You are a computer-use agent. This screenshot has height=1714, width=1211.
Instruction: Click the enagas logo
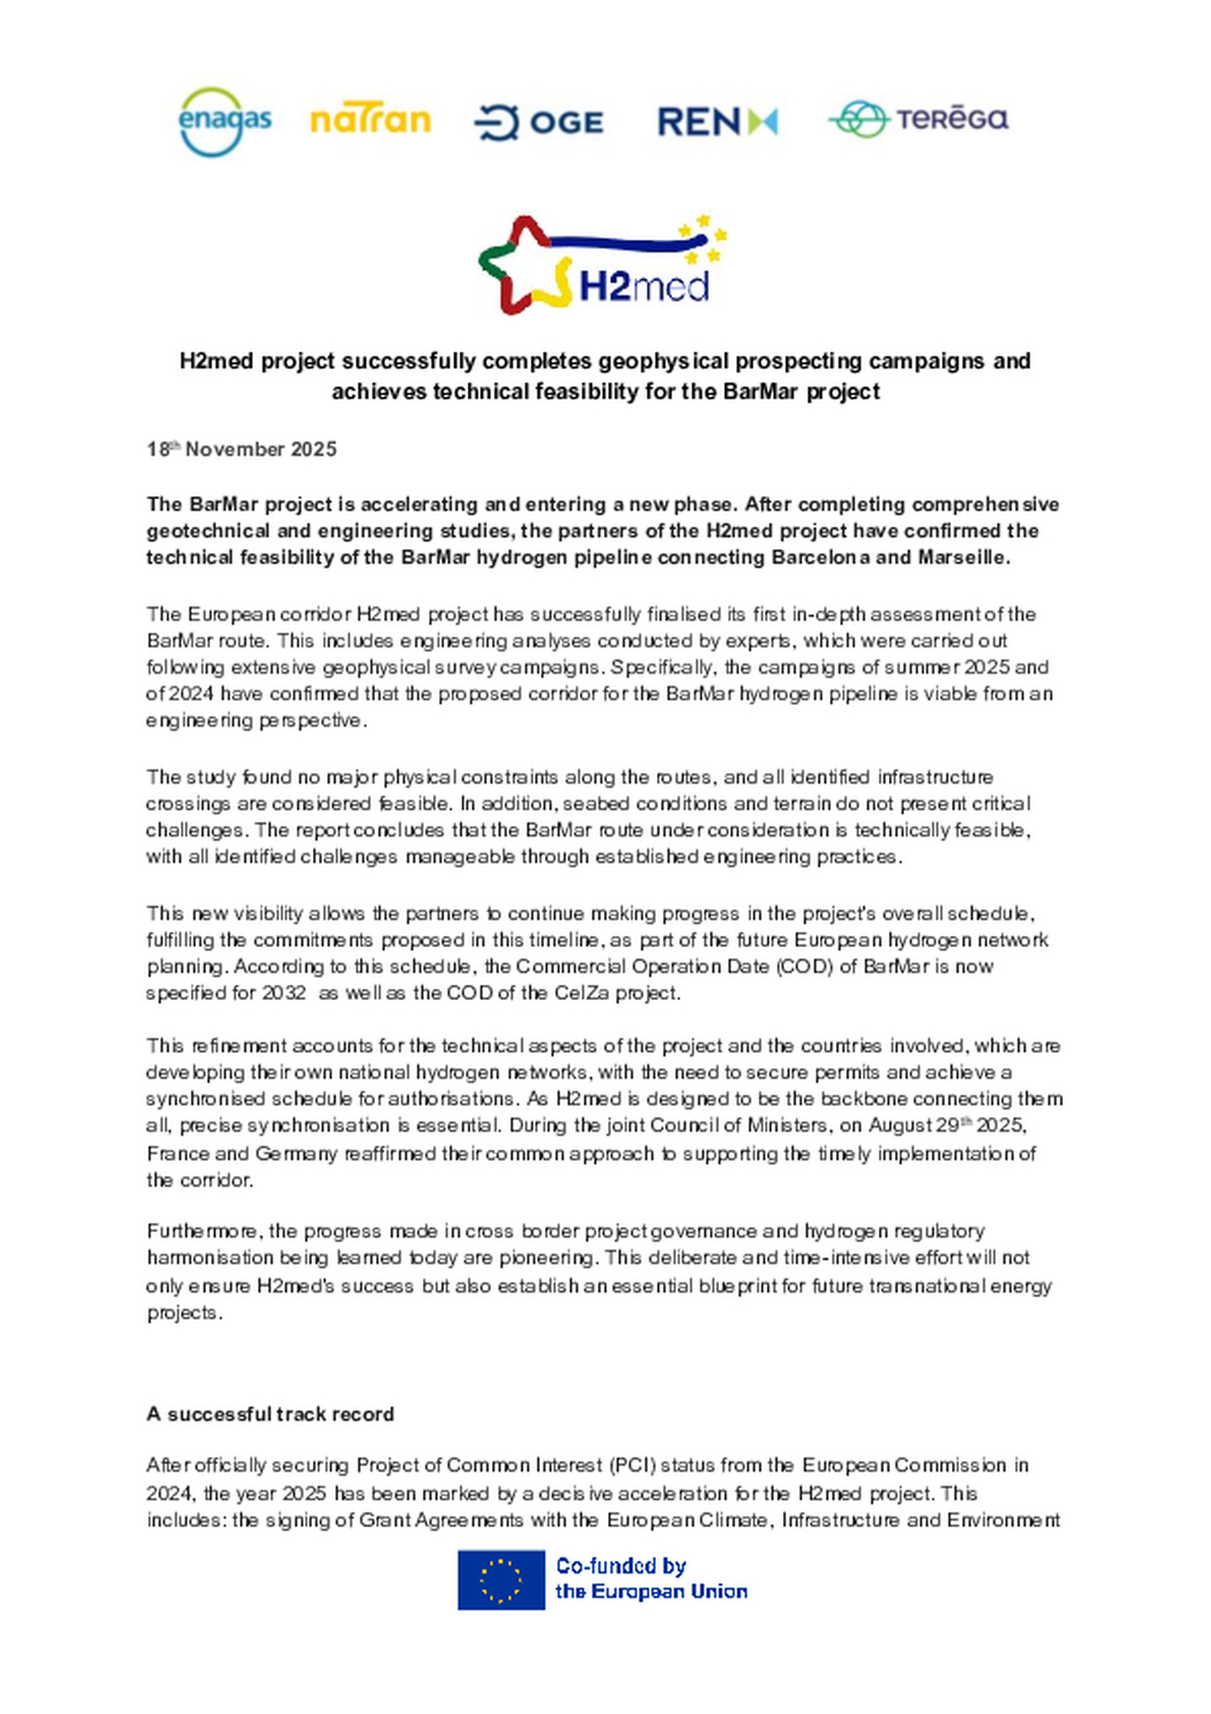click(x=225, y=122)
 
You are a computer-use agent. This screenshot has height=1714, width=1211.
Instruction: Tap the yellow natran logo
click(x=370, y=120)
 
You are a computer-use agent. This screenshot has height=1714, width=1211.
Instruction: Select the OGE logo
click(x=539, y=123)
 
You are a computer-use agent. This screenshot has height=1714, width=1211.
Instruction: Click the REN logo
click(x=717, y=122)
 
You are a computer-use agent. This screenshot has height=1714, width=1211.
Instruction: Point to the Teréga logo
click(x=918, y=119)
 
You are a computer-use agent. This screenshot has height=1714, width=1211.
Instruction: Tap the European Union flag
click(x=500, y=1579)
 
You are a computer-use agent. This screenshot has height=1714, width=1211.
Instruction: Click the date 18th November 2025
click(x=241, y=449)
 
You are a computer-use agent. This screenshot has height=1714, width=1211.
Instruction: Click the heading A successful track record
click(x=270, y=1414)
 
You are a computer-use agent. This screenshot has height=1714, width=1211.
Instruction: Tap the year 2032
click(x=283, y=992)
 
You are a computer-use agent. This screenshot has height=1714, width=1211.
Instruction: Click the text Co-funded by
click(x=621, y=1566)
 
